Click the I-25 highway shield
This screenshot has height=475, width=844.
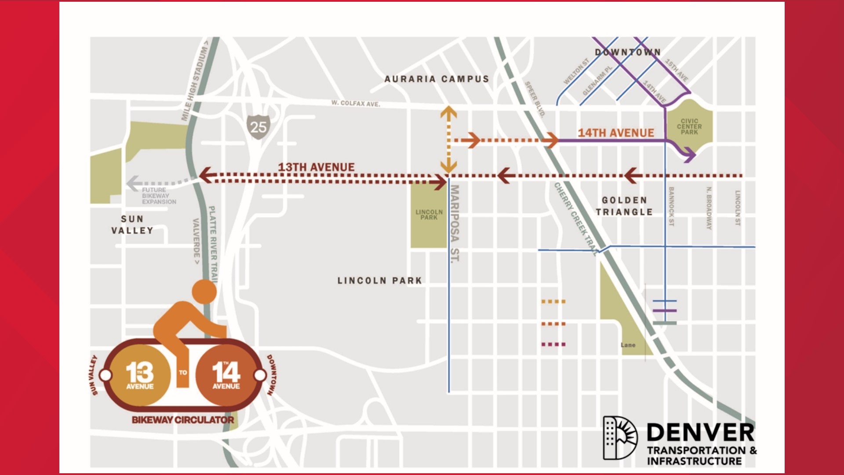coord(258,127)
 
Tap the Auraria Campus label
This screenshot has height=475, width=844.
coord(437,79)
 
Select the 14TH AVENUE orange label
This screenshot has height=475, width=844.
coord(615,133)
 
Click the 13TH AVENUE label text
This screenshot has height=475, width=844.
coord(316,167)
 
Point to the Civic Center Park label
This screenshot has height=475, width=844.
coord(689,127)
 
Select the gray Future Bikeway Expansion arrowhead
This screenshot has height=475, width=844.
coord(133,183)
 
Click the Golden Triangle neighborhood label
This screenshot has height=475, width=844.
coord(624,206)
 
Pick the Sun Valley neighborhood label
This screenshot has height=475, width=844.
coord(132,225)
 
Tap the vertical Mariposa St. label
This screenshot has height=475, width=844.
coord(455,223)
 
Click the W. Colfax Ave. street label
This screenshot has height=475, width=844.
coord(355,103)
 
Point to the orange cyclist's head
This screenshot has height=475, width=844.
coord(204,292)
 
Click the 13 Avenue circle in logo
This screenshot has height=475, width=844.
coord(140,375)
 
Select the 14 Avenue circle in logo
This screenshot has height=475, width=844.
coord(226,375)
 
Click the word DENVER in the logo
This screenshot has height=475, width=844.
coord(700,433)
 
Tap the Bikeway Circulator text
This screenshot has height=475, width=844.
coord(183,420)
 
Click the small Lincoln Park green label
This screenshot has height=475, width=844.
coord(429,215)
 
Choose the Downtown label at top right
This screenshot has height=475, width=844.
coord(628,52)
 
